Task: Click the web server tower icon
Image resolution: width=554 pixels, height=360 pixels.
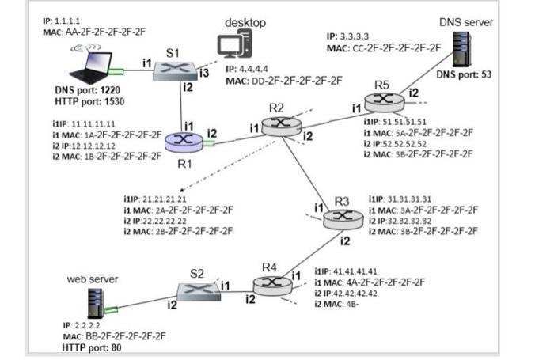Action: pos(96,304)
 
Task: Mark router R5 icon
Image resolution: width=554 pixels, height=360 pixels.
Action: pos(383,100)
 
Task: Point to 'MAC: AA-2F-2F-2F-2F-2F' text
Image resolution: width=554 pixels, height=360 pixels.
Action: pos(94,31)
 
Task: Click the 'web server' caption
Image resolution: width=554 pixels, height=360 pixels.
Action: pos(93,279)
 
